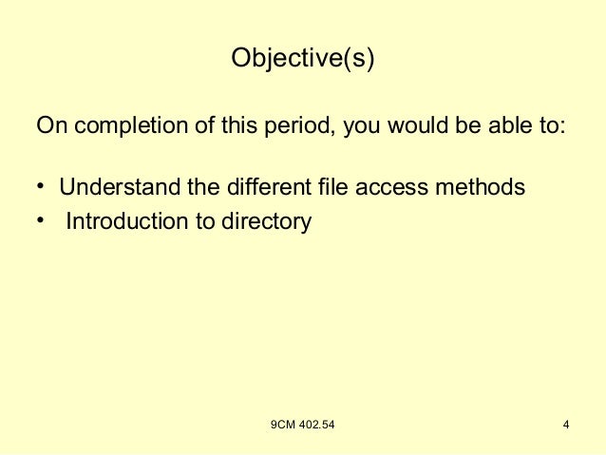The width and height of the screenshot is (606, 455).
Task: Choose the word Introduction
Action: point(126,222)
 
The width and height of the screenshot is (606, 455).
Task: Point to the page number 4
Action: point(565,424)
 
